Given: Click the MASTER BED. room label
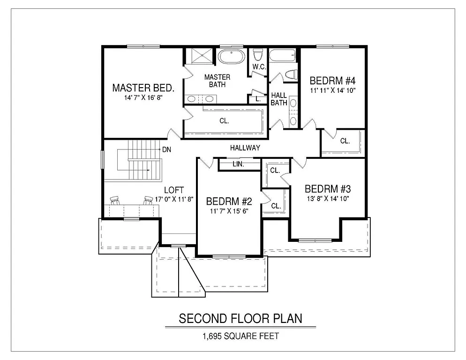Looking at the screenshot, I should (143, 88).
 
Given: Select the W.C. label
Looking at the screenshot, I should (259, 67).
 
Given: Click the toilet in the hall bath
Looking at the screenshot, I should (290, 75).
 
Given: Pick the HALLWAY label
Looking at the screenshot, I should (245, 148).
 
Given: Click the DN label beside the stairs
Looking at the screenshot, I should (166, 150).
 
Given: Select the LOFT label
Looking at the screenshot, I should (173, 190).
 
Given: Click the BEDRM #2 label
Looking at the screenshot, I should (229, 202).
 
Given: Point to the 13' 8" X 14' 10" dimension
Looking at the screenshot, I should (327, 199).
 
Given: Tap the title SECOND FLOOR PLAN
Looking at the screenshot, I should (240, 318).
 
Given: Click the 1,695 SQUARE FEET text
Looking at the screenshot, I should (240, 336).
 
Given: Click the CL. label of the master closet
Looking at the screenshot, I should (224, 121).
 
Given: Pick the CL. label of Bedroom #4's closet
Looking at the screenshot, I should (345, 141).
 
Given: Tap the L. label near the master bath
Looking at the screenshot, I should (258, 99).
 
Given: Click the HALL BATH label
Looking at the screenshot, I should (279, 99).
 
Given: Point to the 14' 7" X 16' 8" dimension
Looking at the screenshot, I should (143, 98).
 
